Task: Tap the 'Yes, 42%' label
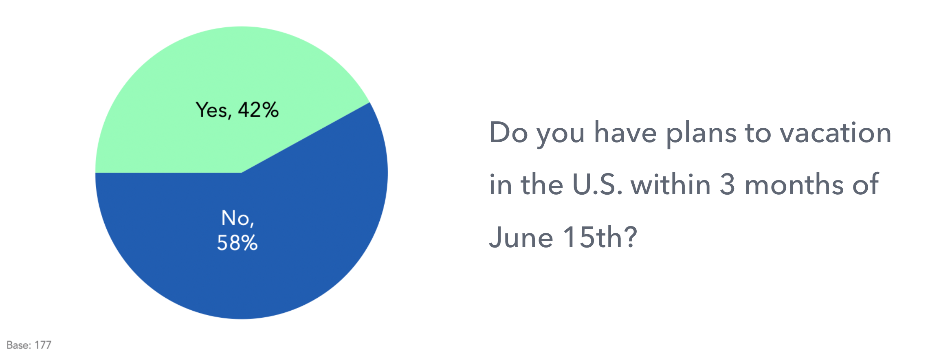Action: pos(237,110)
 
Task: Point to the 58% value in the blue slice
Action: pos(237,243)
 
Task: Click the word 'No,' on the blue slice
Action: pos(237,218)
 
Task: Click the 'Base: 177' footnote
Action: pos(29,345)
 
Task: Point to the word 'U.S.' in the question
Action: pos(598,185)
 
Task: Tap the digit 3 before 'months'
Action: pos(728,185)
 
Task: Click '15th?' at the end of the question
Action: pos(600,237)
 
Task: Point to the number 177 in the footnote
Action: pos(43,345)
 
